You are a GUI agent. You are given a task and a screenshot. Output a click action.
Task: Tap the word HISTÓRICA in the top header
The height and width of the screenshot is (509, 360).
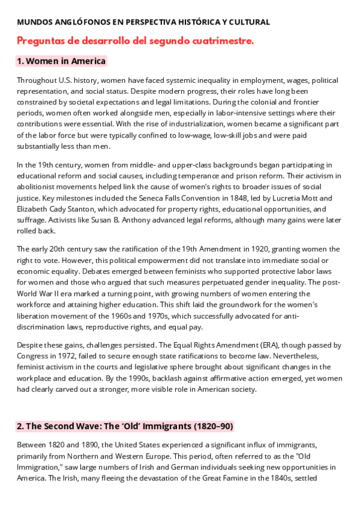coord(201,22)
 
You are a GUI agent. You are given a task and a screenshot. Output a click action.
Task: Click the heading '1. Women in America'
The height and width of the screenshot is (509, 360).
coord(61,61)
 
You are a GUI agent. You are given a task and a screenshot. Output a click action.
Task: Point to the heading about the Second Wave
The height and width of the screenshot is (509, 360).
coord(125,426)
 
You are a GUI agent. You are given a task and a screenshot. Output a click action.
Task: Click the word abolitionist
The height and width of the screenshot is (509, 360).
coord(37,186)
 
